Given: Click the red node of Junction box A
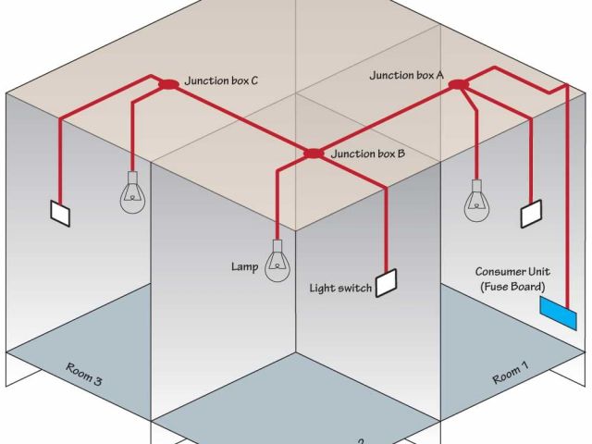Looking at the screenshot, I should pos(459,85).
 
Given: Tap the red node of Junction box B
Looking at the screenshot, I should pos(314,153).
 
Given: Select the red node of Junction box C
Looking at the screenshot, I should pos(168,84).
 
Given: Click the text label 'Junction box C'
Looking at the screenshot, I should pos(220,81).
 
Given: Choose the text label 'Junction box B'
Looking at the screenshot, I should pos(367,154).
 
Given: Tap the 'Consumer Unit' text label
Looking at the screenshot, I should pos(513,272).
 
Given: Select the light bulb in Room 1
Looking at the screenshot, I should pos(477,198).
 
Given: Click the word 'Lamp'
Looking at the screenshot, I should pos(244,267).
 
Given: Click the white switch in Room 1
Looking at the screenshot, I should pos(532,214).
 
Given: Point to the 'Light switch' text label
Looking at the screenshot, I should pos(340,290).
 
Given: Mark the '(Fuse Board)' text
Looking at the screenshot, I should pos(513,288).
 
